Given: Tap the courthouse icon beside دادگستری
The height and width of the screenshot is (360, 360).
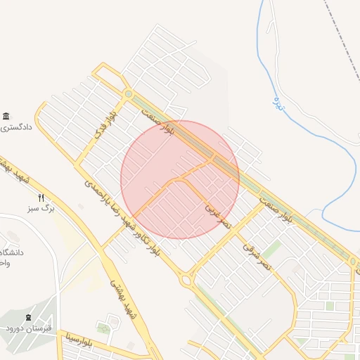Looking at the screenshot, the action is tap(6, 116).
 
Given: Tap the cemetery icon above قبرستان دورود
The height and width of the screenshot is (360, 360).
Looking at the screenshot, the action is tap(28, 318).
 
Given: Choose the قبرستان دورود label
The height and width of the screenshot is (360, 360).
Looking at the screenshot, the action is tap(26, 329).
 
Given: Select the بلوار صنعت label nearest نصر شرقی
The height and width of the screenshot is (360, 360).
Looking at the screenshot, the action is tap(276, 211).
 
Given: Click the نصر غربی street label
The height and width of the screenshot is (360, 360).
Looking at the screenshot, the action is tap(217, 216).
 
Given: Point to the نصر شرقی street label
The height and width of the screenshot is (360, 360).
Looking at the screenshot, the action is tap(257, 257).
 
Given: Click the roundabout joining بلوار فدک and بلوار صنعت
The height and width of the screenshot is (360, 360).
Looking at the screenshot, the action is tap(128, 94).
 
